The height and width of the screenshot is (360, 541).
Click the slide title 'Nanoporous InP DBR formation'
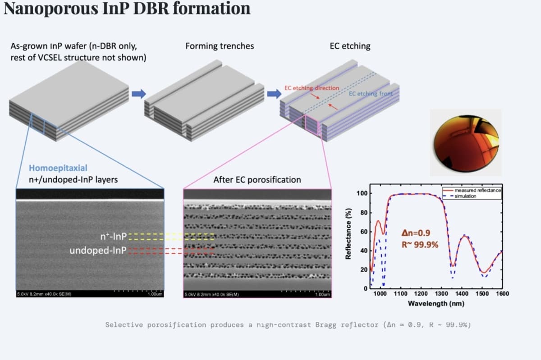127,9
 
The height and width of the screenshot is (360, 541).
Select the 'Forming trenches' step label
220,46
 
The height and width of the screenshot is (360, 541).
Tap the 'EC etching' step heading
350,46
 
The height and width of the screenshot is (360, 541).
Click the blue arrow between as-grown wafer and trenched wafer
139,93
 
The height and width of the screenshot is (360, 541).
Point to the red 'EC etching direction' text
312,88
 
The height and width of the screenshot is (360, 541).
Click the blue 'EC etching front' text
371,93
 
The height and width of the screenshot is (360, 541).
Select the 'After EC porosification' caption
257,179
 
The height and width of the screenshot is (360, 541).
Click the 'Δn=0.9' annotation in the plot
416,233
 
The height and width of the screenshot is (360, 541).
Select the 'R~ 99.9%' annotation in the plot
419,245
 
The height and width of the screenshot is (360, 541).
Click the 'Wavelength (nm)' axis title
436,303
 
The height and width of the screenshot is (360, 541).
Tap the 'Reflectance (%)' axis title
348,234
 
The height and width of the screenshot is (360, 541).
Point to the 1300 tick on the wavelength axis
441,294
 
